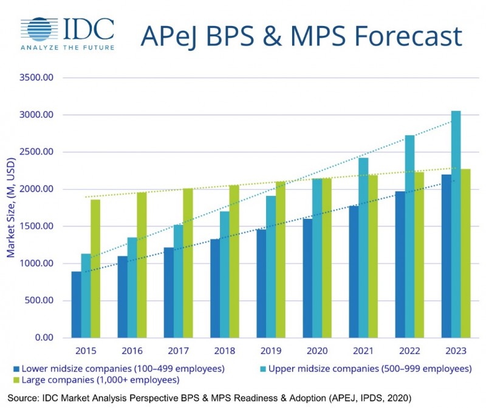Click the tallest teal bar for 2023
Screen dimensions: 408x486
(455, 224)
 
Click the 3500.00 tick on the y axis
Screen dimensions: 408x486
(37, 78)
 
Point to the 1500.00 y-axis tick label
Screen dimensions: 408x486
(37, 226)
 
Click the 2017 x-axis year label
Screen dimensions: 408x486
(177, 352)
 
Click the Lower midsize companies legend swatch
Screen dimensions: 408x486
(15, 369)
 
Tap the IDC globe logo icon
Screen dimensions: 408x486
(39, 28)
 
